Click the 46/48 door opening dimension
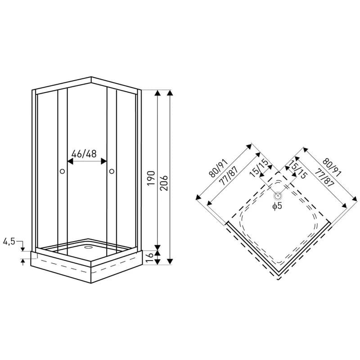click(x=84, y=154)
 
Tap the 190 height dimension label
click(x=151, y=178)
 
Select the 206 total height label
click(x=164, y=183)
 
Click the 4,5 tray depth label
click(x=9, y=241)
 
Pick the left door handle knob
click(x=62, y=171)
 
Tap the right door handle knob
click(x=112, y=171)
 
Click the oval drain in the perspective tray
click(x=88, y=247)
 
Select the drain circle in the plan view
click(x=278, y=196)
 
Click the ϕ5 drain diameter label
click(x=277, y=206)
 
